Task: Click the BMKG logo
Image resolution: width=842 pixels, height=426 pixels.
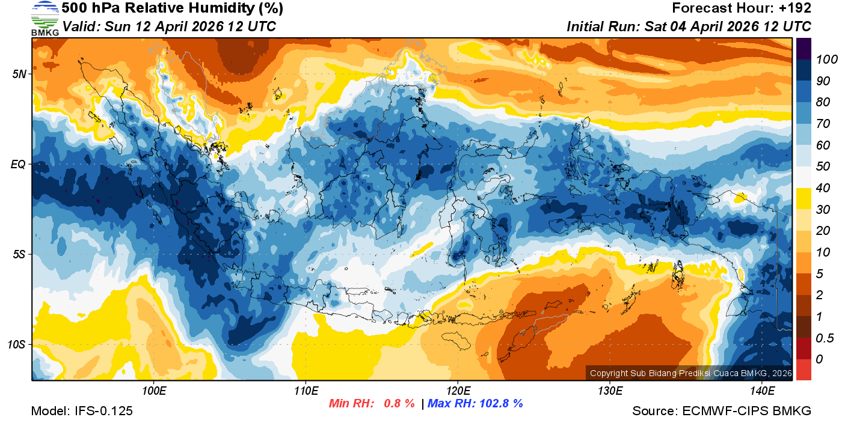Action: click(45, 19)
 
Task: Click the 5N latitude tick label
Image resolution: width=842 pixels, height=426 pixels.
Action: click(19, 74)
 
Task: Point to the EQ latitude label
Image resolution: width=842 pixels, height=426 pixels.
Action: click(19, 164)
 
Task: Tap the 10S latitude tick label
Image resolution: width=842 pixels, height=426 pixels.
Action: click(17, 345)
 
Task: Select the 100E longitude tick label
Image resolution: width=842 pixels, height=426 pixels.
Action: click(153, 391)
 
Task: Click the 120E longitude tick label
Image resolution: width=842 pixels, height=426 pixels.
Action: click(458, 391)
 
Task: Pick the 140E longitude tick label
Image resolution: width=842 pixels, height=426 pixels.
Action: click(762, 391)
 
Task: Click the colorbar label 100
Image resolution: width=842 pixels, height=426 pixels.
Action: click(822, 59)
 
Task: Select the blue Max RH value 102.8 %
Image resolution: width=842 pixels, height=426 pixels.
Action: click(499, 403)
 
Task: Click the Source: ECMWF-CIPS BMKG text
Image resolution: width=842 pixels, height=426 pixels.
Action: click(722, 411)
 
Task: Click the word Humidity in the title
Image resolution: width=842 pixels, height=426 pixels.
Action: click(205, 8)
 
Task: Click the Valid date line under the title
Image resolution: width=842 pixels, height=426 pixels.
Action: click(169, 26)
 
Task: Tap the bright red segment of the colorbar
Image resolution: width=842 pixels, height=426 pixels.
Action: click(804, 369)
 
